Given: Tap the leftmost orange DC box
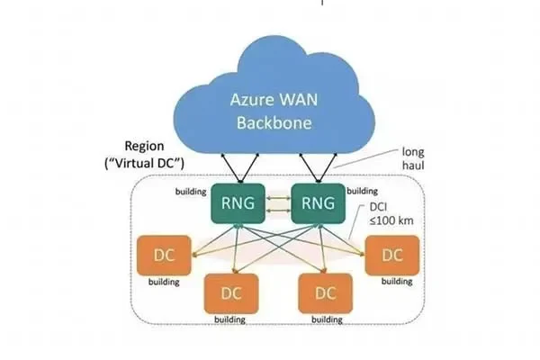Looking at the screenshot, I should click(x=163, y=255).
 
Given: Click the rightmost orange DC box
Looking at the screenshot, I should click(x=392, y=255).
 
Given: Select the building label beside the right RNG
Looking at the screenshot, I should click(x=363, y=191).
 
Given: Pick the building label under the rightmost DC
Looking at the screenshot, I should click(x=396, y=283).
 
